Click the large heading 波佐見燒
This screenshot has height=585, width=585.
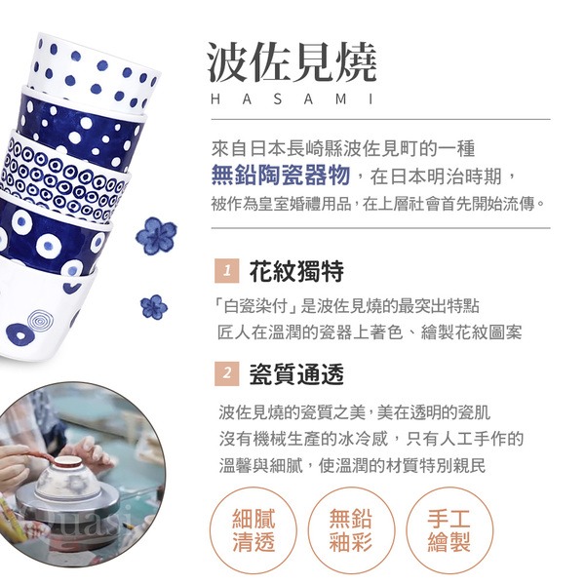pyautogui.click(x=292, y=62)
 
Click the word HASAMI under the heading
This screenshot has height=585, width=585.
pyautogui.click(x=292, y=99)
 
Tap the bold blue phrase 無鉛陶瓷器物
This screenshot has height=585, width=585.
pyautogui.click(x=281, y=175)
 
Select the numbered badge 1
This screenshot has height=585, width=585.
pyautogui.click(x=227, y=270)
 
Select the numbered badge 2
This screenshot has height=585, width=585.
pyautogui.click(x=227, y=373)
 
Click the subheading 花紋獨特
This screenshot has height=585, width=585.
pyautogui.click(x=296, y=271)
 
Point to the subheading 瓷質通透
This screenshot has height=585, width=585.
pyautogui.click(x=296, y=373)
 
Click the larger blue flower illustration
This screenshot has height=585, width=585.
pyautogui.click(x=156, y=236)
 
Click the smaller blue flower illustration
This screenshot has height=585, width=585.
pyautogui.click(x=154, y=307)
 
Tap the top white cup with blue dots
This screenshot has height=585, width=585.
pyautogui.click(x=96, y=73)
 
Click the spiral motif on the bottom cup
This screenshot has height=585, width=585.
pyautogui.click(x=40, y=320)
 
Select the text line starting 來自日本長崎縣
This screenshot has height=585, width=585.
pyautogui.click(x=343, y=149)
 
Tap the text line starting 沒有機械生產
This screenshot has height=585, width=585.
pyautogui.click(x=371, y=439)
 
